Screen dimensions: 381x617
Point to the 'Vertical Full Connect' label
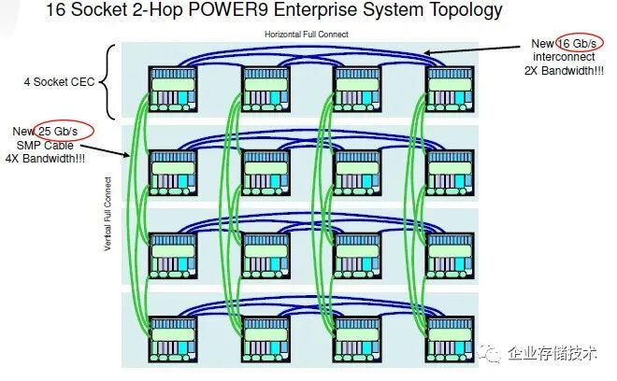coord(109,214)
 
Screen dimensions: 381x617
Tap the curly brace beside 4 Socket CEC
coord(112,83)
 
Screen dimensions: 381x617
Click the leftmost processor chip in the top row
coord(173,91)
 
